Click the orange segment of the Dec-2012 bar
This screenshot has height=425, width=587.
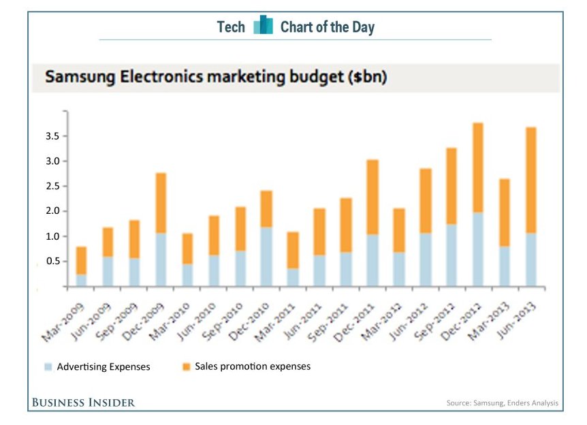tap(478, 168)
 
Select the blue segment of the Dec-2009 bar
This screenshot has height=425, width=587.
tap(161, 259)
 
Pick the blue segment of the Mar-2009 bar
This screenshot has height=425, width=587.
tap(81, 280)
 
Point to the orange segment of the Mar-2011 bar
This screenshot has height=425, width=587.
tap(293, 250)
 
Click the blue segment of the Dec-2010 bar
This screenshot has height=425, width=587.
tap(266, 257)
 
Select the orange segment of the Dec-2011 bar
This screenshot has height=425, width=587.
tap(372, 198)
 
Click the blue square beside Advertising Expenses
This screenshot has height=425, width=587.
tap(48, 367)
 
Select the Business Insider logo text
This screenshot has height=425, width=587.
tap(83, 403)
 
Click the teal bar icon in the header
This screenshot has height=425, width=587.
tap(263, 27)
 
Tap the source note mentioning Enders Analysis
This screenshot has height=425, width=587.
tap(502, 403)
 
